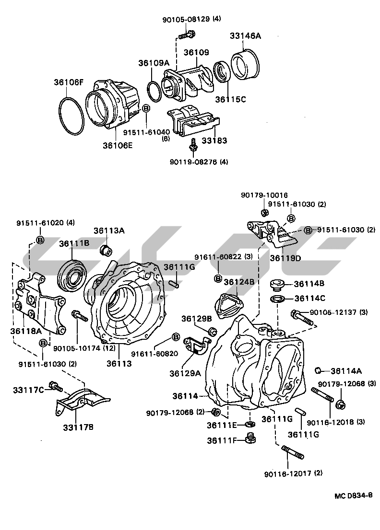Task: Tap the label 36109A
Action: click(x=154, y=63)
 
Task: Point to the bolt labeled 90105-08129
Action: click(x=186, y=35)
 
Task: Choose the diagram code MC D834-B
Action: click(x=353, y=495)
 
